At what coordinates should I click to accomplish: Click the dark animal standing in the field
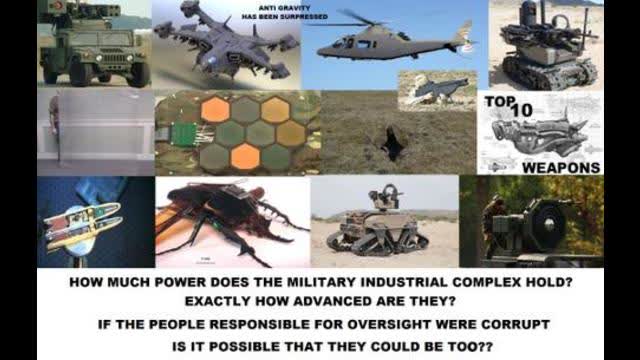[x=392, y=146]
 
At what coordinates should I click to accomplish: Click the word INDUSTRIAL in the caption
[x=397, y=283]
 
